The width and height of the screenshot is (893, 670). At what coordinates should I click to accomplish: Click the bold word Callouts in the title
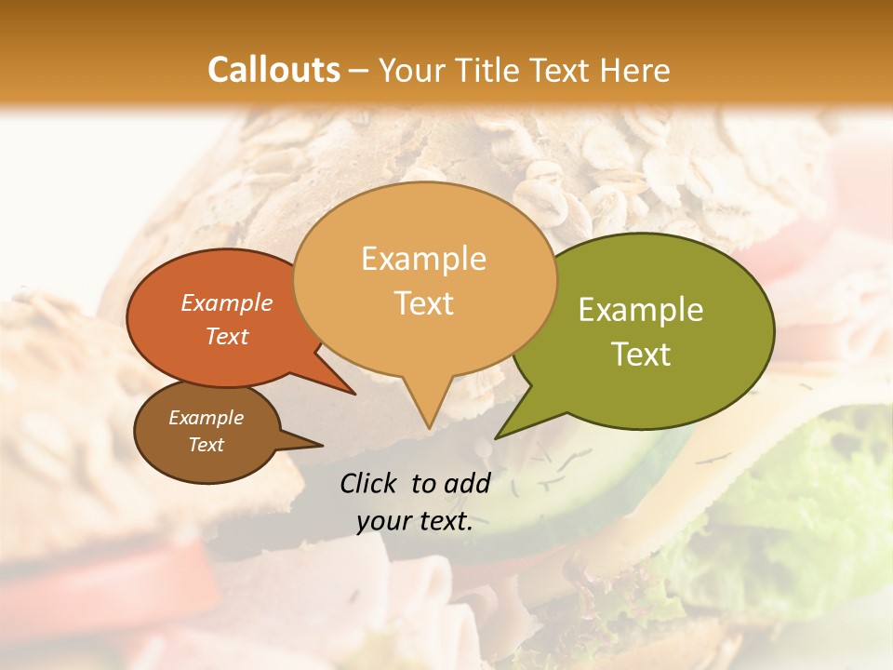[273, 70]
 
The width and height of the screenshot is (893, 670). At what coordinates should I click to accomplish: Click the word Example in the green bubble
[641, 310]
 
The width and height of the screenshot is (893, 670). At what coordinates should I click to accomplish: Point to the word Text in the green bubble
[641, 354]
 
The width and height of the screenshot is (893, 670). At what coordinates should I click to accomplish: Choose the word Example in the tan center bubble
[423, 259]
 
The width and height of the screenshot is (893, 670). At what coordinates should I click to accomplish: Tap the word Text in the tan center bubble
[423, 302]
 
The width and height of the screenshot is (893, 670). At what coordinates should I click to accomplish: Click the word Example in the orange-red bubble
[227, 302]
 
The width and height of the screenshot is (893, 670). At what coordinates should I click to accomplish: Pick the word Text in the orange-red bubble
[227, 336]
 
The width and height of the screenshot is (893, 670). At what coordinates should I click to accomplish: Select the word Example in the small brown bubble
[207, 418]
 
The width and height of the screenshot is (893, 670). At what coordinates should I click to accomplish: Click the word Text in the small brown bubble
[207, 445]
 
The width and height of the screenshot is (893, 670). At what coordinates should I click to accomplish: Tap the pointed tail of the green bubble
[500, 435]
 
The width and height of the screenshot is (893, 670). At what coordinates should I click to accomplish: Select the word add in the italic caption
[468, 483]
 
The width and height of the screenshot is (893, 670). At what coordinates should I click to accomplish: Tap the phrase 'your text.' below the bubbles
[415, 521]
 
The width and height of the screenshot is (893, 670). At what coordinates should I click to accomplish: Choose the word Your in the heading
[412, 70]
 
